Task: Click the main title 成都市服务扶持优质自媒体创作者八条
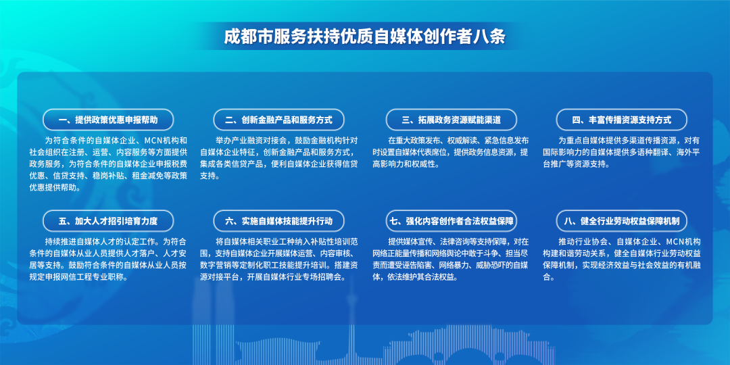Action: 365,36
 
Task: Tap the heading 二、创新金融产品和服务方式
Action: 278,120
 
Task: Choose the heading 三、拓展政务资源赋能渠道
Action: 451,120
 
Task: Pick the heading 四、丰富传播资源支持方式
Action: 621,120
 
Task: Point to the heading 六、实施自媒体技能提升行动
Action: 278,220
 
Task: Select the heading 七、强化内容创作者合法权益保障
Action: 451,220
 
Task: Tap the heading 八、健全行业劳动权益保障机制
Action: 621,220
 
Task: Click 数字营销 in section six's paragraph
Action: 216,265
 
